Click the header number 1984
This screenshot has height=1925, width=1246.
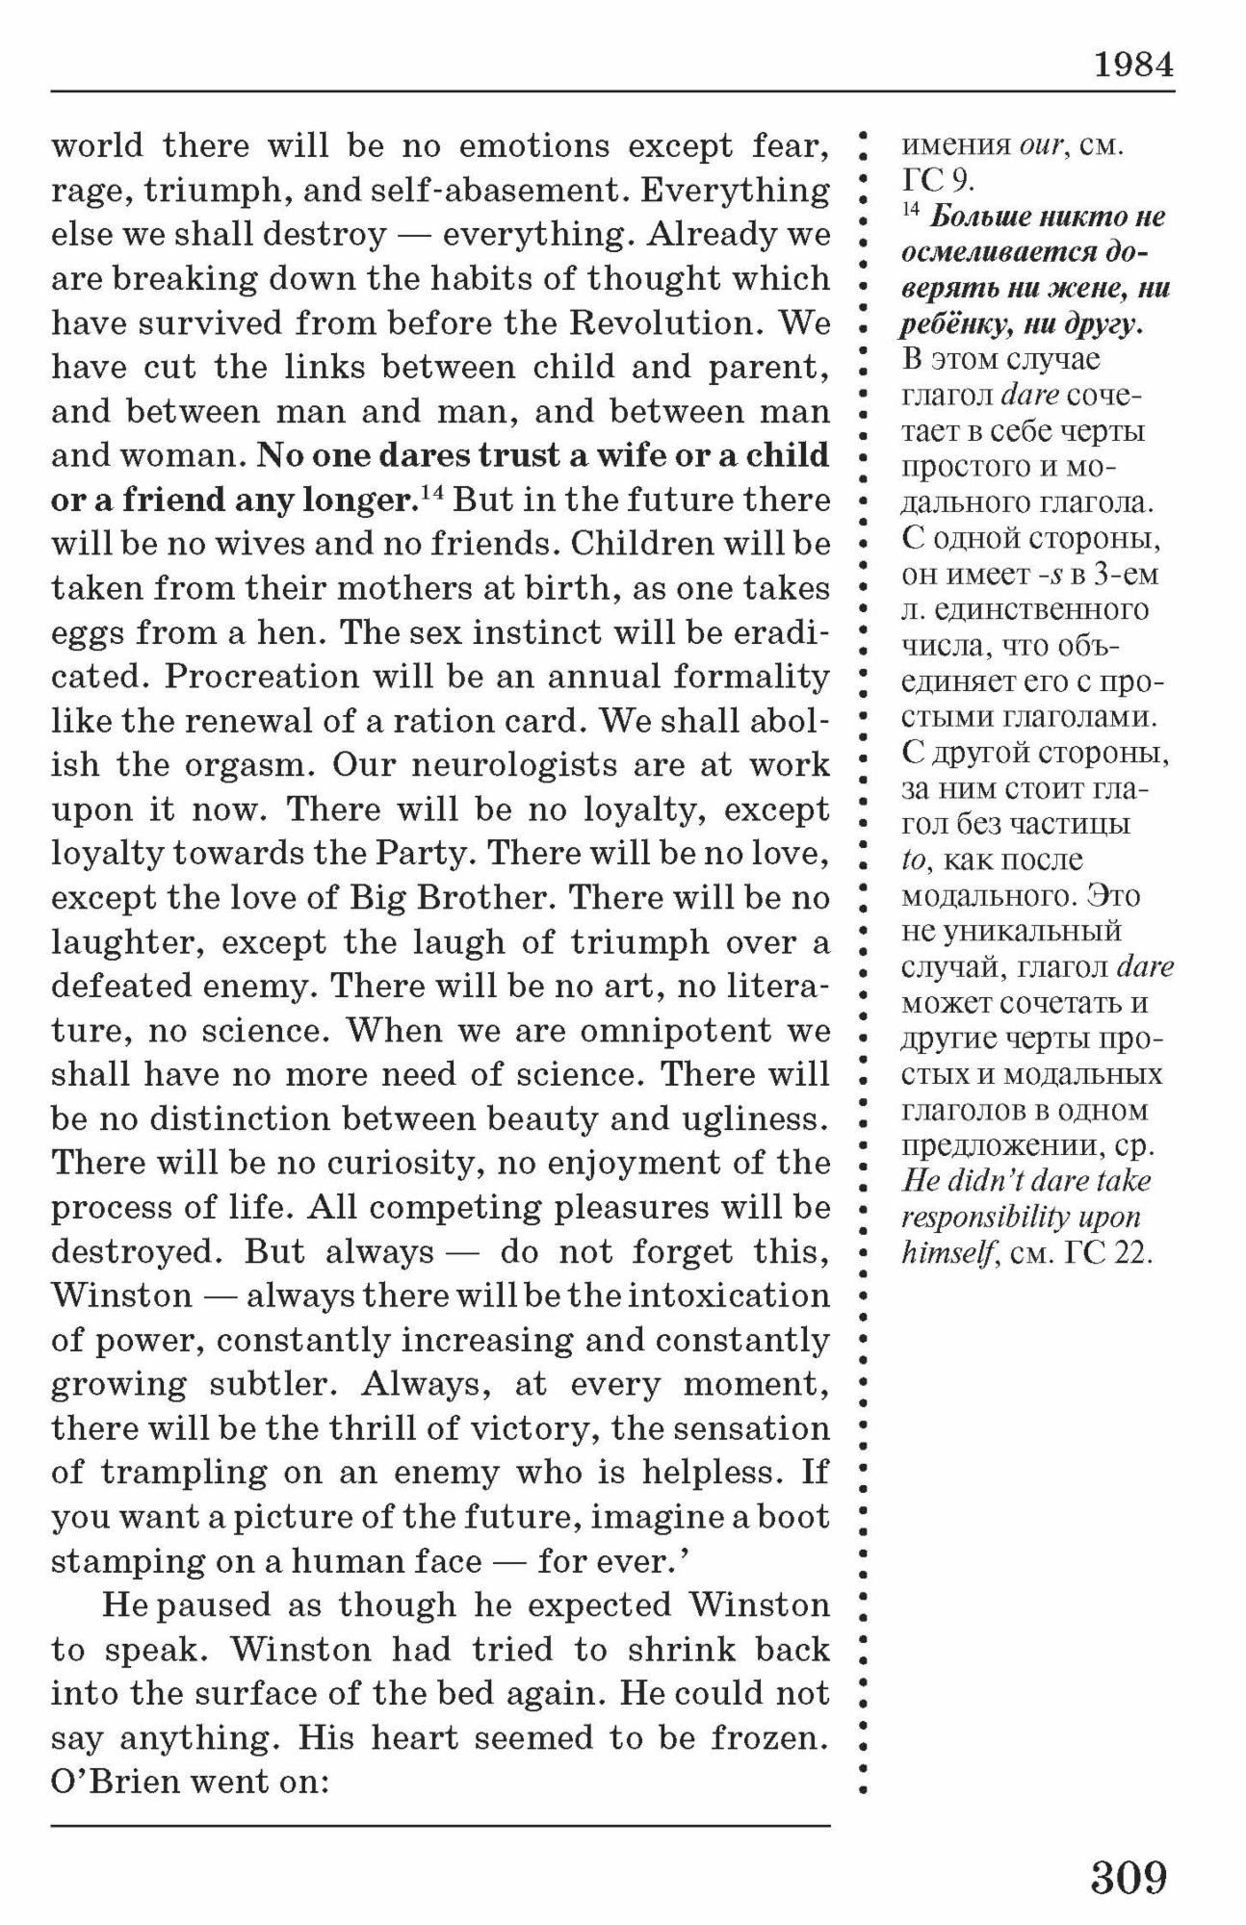pos(1132,65)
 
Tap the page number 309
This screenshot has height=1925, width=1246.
pos(1129,1876)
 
